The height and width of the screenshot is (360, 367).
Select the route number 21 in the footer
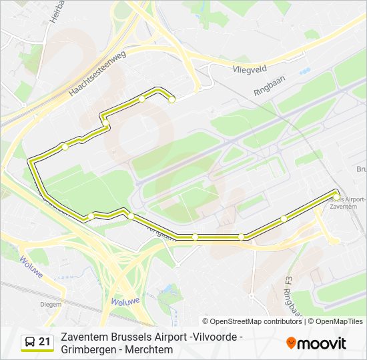[x=45, y=342]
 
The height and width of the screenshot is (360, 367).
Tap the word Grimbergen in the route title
[x=87, y=349]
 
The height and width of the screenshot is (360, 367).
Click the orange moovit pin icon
[x=291, y=343]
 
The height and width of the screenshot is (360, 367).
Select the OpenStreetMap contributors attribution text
[x=257, y=321]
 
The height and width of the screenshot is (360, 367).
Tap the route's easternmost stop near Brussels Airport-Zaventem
[x=336, y=194]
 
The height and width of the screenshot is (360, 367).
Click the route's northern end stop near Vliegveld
[x=171, y=99]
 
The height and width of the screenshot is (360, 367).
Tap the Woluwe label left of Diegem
[x=31, y=268]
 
